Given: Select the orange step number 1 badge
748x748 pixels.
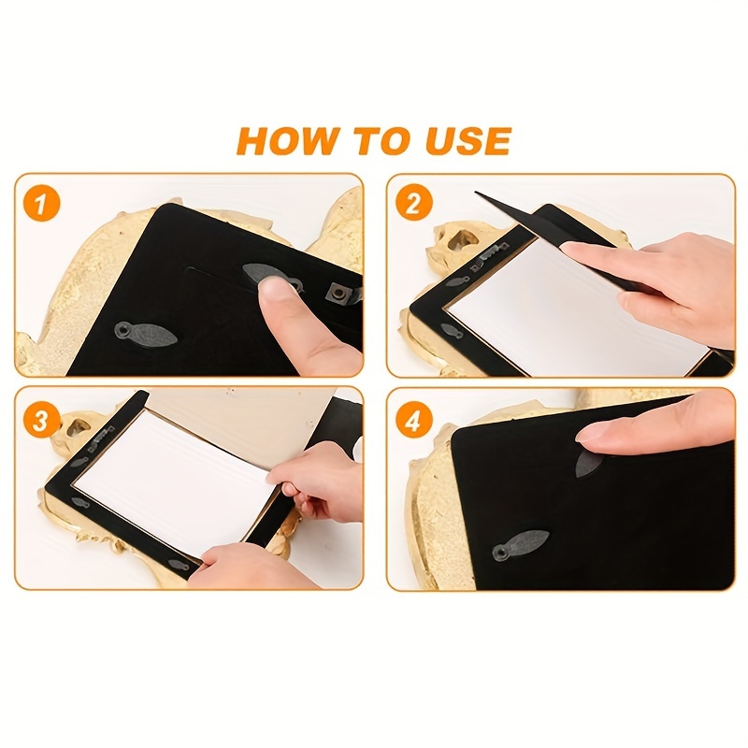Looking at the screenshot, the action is point(41,204).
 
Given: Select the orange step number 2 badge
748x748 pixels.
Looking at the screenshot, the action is point(413,204).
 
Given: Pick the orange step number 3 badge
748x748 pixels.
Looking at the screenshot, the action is point(41,422).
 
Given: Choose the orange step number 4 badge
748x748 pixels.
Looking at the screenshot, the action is point(413,422).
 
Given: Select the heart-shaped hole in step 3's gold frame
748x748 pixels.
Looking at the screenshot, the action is point(78,426).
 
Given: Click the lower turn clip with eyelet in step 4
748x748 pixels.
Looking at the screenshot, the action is point(520,547).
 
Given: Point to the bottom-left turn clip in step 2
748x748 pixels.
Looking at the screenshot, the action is point(452,330).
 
